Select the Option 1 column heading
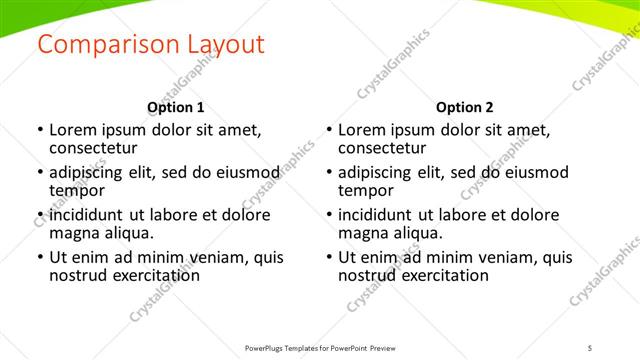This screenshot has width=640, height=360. click(x=175, y=107)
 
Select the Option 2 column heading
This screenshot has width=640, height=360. click(x=464, y=107)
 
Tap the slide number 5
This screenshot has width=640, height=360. click(x=591, y=348)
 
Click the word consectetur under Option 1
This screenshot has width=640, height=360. click(x=97, y=148)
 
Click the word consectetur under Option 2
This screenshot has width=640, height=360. click(x=386, y=148)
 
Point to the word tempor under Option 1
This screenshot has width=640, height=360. click(x=77, y=190)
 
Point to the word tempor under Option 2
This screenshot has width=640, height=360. click(x=366, y=190)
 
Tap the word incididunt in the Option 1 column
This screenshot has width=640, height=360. click(x=87, y=215)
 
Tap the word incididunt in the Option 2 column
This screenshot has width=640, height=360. click(x=376, y=215)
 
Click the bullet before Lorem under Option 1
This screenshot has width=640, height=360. click(x=39, y=131)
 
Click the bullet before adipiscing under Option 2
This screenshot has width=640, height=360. click(x=328, y=173)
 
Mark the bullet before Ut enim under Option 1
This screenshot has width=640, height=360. click(x=39, y=257)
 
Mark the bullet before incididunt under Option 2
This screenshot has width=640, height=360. click(x=328, y=215)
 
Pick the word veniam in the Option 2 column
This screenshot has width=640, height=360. click(x=506, y=257)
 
